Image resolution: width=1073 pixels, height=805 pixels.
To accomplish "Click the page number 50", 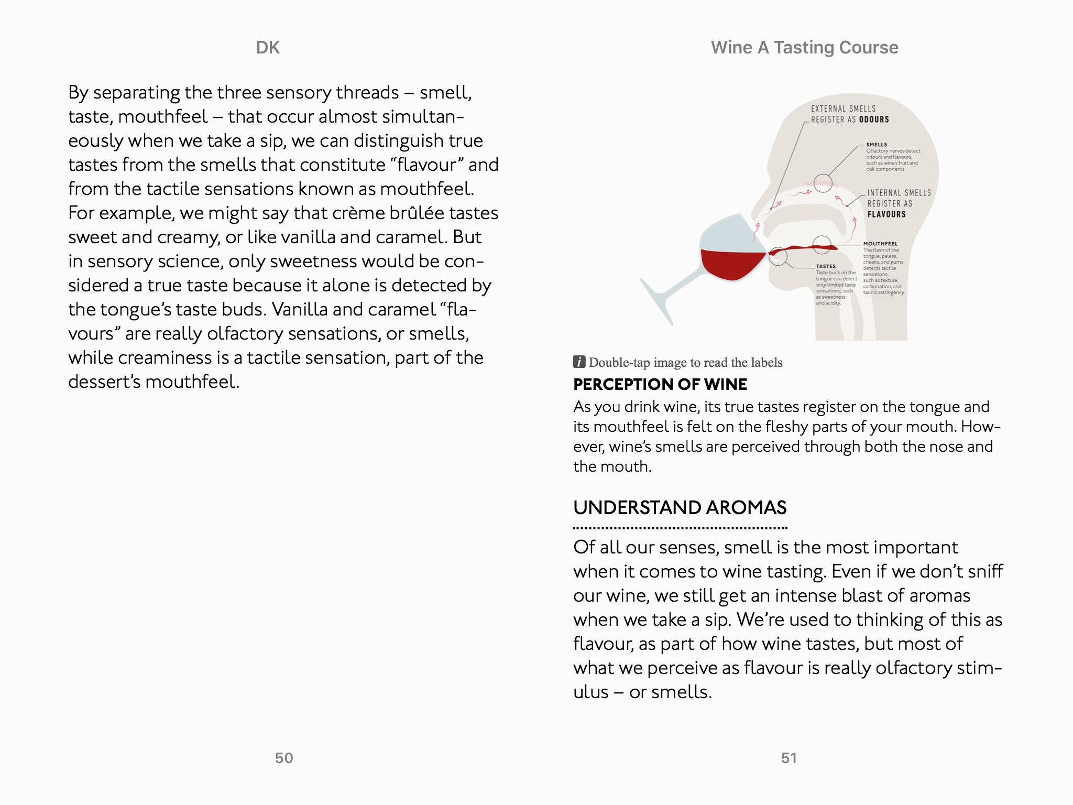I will pyautogui.click(x=284, y=758).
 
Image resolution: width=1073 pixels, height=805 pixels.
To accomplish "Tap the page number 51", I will pyautogui.click(x=789, y=758).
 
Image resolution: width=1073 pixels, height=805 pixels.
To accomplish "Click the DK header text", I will pyautogui.click(x=268, y=48).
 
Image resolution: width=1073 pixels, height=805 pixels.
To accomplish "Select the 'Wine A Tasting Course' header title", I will pyautogui.click(x=804, y=48).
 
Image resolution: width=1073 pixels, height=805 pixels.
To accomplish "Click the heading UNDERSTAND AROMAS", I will pyautogui.click(x=680, y=507).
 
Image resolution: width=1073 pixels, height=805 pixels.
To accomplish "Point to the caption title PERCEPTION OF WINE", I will pyautogui.click(x=660, y=384).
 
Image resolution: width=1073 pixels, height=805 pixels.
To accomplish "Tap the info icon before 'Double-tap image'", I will pyautogui.click(x=579, y=362).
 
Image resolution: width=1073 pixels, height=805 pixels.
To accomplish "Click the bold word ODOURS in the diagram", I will pyautogui.click(x=874, y=119).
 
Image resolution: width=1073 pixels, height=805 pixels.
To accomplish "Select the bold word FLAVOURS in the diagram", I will pyautogui.click(x=886, y=214).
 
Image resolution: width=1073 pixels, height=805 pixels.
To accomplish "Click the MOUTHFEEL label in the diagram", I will pyautogui.click(x=880, y=244).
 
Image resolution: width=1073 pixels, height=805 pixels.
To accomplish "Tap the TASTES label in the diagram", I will pyautogui.click(x=826, y=266).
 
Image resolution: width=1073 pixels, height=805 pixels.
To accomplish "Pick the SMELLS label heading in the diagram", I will pyautogui.click(x=877, y=145).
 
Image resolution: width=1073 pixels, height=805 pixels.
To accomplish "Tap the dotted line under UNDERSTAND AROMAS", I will pyautogui.click(x=680, y=528).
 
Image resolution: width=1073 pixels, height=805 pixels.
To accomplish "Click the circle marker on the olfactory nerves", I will pyautogui.click(x=823, y=182).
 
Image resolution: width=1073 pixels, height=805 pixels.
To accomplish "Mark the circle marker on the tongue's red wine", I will pyautogui.click(x=821, y=245).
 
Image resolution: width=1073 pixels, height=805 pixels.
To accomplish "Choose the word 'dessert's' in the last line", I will pyautogui.click(x=104, y=382).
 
